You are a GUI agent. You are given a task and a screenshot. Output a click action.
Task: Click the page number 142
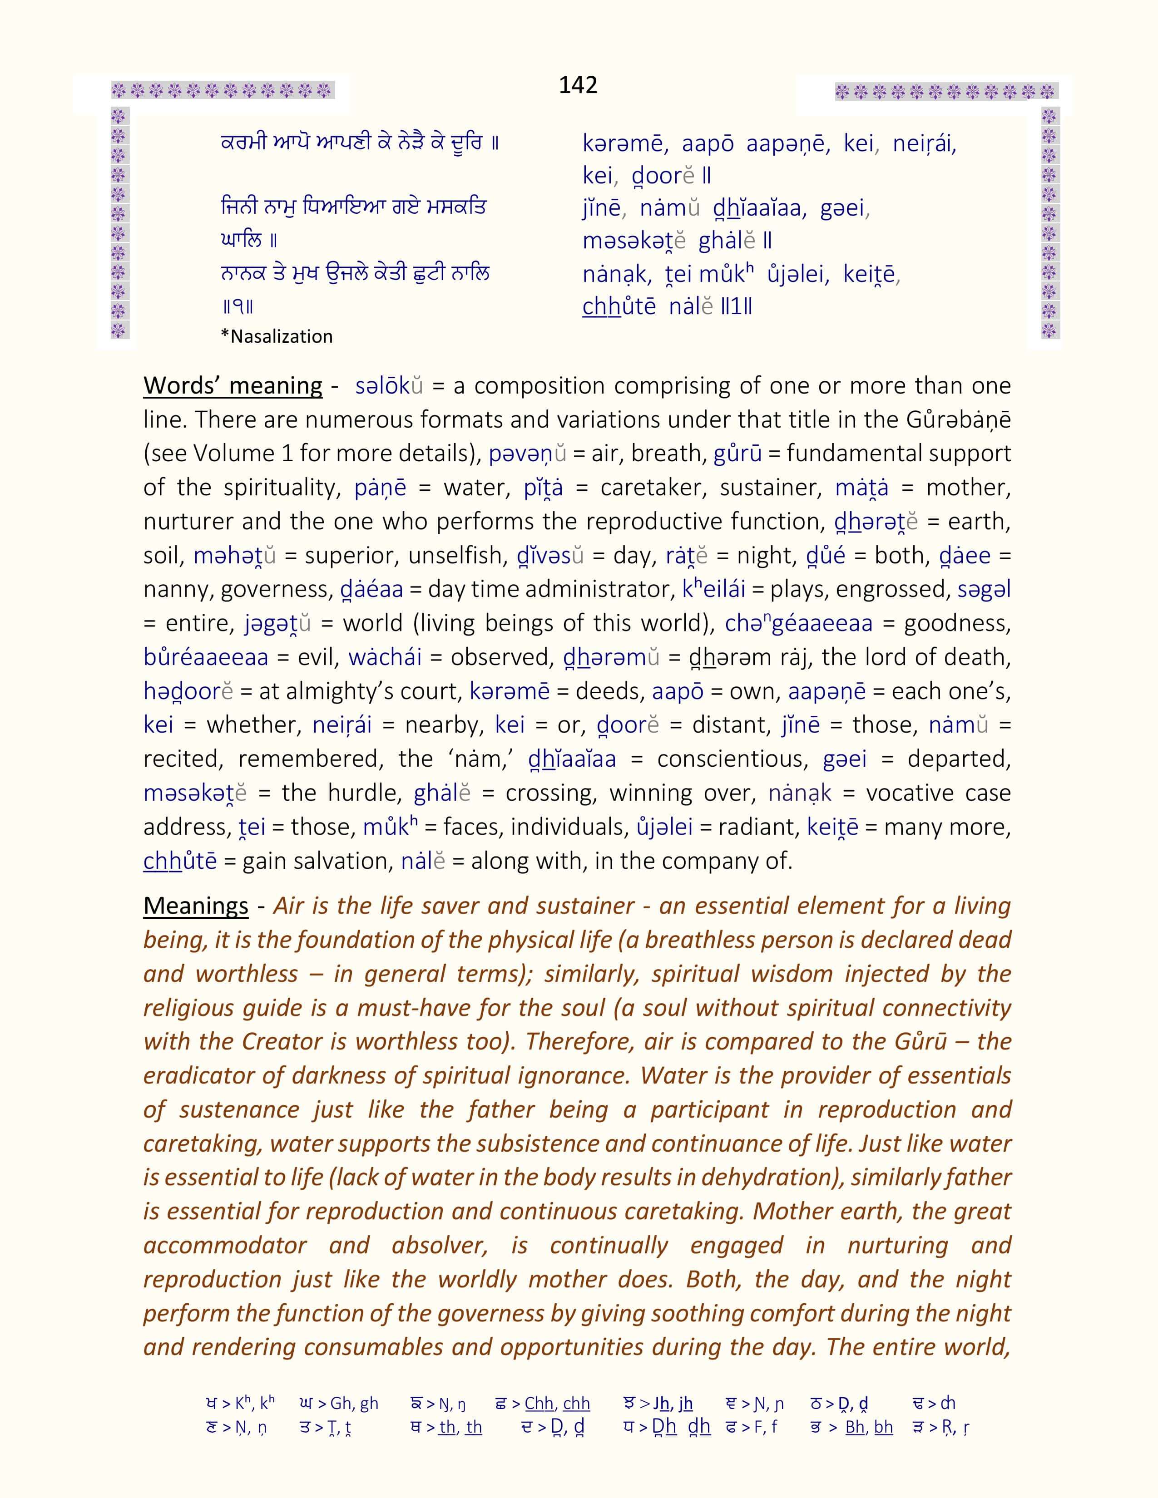pyautogui.click(x=578, y=85)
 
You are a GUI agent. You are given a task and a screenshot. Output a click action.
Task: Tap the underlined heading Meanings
pyautogui.click(x=196, y=906)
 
